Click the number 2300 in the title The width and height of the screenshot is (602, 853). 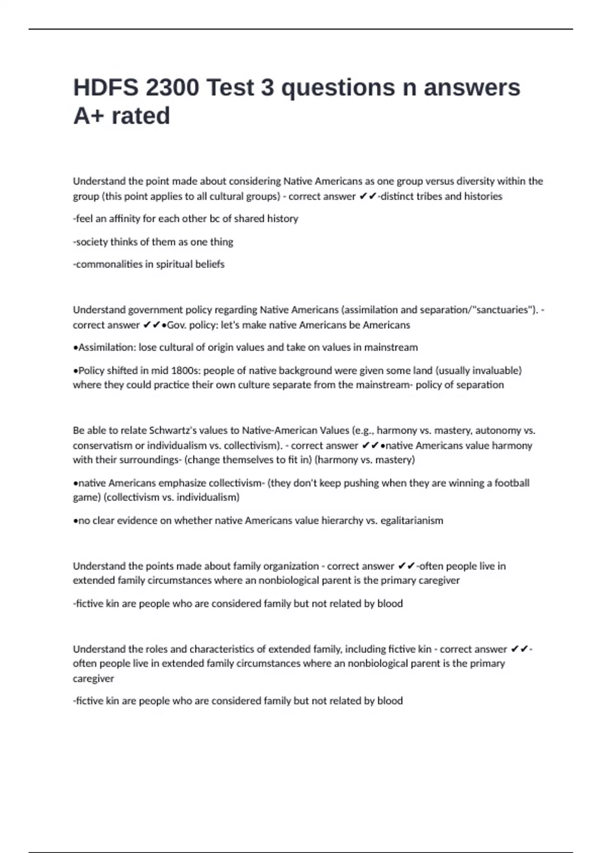tap(172, 88)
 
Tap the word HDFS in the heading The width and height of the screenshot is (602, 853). tap(105, 88)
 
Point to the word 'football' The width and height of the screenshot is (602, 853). tap(512, 483)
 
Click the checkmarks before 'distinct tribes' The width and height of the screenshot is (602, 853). tap(368, 196)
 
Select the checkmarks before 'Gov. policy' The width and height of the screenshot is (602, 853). tap(152, 325)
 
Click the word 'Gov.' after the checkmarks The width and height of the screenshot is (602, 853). tap(176, 325)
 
